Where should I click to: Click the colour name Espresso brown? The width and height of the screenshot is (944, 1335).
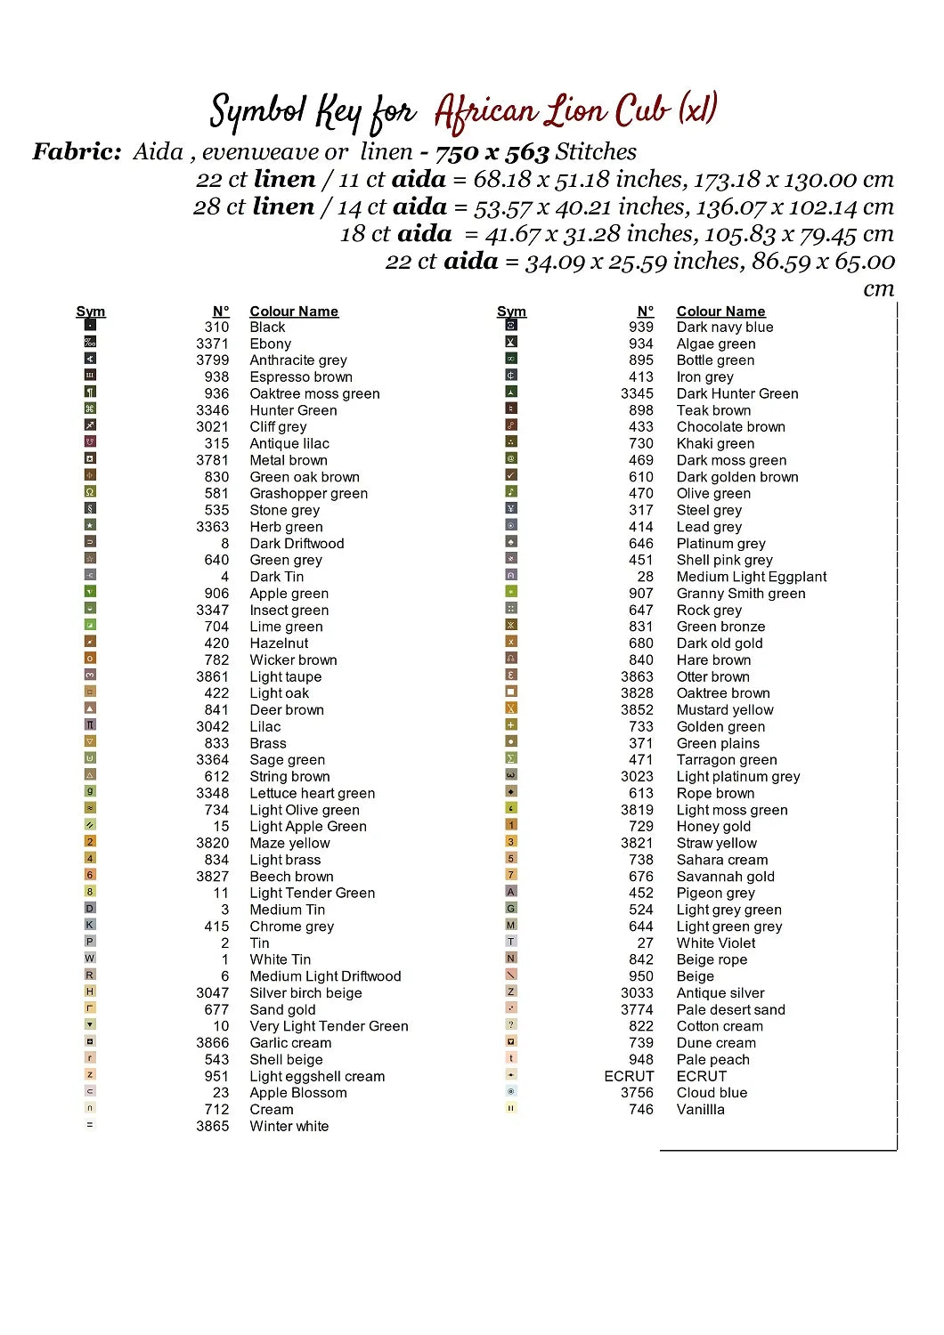pos(301,376)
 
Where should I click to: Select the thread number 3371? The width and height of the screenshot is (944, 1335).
pos(212,344)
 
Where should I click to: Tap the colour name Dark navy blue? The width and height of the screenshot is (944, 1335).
pos(725,327)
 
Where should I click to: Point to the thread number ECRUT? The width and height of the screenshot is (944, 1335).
pos(629,1076)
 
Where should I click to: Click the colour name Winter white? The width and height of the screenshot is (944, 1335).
pos(289,1126)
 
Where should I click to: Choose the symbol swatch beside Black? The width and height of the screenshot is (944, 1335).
pos(90,325)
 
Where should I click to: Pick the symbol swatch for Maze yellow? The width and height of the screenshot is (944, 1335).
pos(90,841)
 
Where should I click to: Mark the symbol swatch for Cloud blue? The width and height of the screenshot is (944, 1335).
pos(511,1091)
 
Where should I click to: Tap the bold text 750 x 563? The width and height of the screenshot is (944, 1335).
pos(492,152)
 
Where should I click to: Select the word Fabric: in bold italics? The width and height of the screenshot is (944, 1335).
pos(77,152)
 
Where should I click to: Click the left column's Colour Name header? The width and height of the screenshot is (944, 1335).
pos(294,311)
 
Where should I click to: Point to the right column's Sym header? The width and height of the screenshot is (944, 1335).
pos(511,311)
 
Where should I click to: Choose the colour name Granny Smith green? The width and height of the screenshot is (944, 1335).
pos(741,594)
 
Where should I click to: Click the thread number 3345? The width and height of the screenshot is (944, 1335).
pos(637,393)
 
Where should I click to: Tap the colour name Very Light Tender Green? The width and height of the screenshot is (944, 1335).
pos(329,1026)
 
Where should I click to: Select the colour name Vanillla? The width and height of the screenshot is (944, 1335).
pos(700,1109)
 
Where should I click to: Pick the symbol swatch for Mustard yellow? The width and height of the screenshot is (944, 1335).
pos(511,708)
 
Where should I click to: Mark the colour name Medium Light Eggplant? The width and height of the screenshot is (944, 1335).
pos(752,577)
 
